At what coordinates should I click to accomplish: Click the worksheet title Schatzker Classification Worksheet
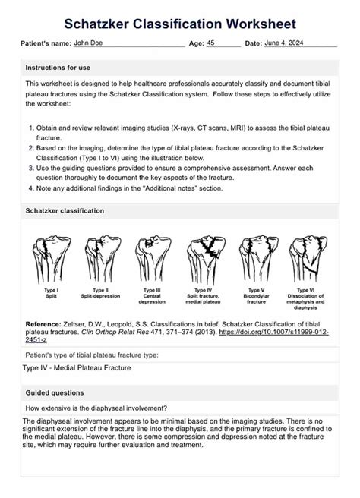tap(180, 25)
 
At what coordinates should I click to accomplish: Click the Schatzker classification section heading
tap(65, 210)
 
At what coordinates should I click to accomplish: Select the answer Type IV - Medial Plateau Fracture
tap(77, 368)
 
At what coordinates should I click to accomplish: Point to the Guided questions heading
tap(55, 393)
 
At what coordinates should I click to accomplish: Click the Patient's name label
tap(46, 46)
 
